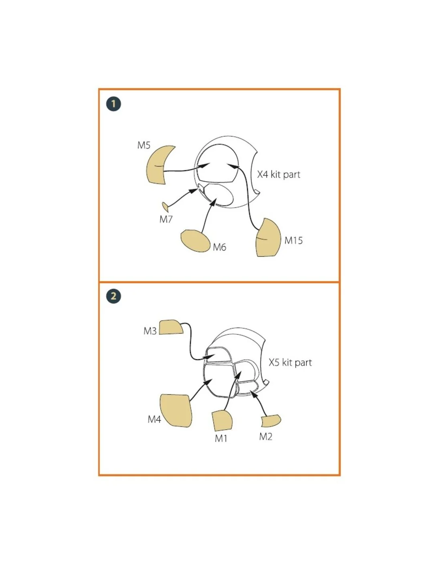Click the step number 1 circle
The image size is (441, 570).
[x=113, y=104]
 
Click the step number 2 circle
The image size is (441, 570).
[x=113, y=296]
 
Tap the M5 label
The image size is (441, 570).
[x=144, y=145]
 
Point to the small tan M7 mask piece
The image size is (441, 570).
[x=165, y=207]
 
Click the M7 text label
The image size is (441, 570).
[x=166, y=219]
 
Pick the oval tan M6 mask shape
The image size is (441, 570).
[x=196, y=241]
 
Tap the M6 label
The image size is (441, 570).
[x=220, y=247]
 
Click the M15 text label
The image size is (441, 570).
[x=293, y=241]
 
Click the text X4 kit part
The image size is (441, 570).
[x=279, y=175]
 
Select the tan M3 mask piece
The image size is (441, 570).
[x=171, y=327]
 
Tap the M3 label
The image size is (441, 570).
[x=150, y=331]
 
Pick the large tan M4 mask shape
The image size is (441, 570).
[x=176, y=411]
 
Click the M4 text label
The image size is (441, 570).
[x=154, y=419]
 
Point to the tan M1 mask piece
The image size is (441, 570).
[x=222, y=421]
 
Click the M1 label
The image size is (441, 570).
[x=221, y=438]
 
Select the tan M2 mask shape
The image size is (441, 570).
[x=271, y=421]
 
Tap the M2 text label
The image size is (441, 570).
[x=266, y=437]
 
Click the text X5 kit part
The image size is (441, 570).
[x=290, y=363]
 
